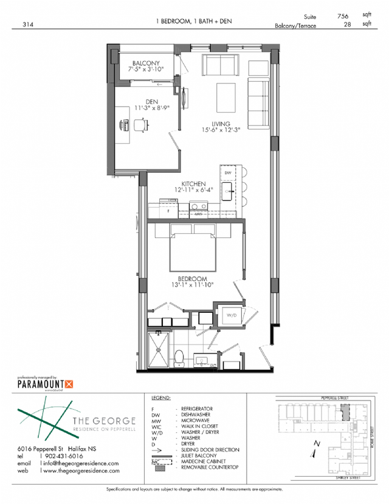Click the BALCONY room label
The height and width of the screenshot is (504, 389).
(146, 63)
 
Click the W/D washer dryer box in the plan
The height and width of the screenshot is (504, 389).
(232, 316)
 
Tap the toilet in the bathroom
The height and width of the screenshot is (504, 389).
(179, 355)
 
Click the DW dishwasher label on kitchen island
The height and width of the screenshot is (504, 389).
(228, 173)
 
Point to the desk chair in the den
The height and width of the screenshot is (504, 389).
(139, 125)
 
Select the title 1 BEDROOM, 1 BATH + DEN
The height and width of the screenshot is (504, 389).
(193, 22)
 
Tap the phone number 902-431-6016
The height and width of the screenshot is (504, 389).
(63, 456)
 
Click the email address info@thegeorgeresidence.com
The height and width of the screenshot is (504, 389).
(81, 463)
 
